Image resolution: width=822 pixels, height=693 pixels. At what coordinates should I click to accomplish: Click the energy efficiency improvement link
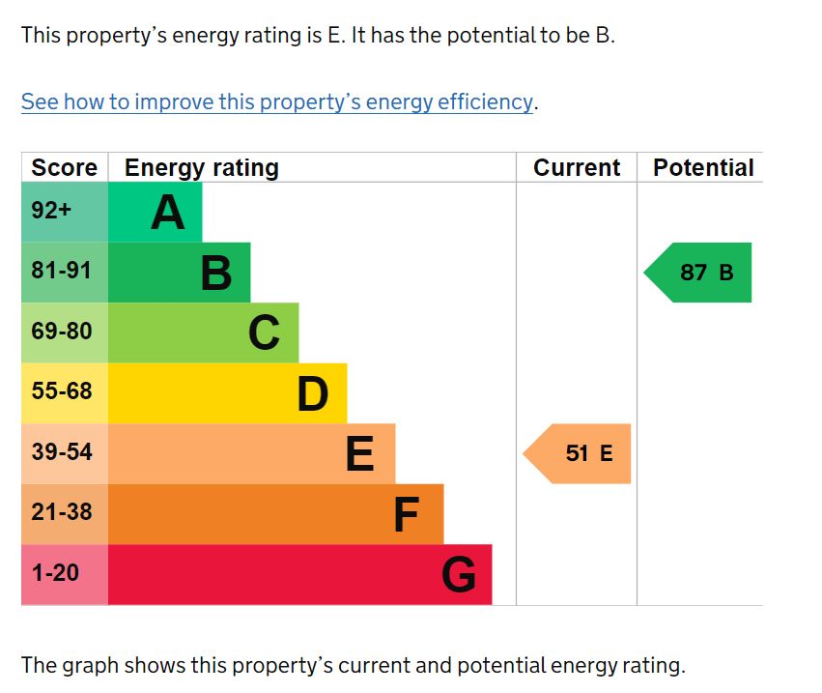(277, 101)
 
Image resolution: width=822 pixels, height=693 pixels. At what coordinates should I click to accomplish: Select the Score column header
(64, 167)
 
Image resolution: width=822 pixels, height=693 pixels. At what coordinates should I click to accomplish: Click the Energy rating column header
(201, 167)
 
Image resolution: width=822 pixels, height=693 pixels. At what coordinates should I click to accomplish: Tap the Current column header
(577, 167)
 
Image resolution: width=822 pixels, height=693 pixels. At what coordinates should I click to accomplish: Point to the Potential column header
(703, 167)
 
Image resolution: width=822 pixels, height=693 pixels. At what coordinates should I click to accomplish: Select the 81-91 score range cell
(62, 272)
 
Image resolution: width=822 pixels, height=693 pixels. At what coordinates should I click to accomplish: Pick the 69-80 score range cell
(62, 332)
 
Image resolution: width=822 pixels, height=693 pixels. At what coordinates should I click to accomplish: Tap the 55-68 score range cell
(62, 391)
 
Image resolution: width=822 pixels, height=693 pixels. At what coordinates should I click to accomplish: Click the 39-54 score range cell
(62, 451)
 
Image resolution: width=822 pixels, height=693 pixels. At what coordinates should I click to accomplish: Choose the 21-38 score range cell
(62, 512)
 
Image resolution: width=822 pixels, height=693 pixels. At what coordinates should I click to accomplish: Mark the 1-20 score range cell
(55, 572)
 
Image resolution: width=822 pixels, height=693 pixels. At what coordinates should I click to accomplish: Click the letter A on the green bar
(167, 213)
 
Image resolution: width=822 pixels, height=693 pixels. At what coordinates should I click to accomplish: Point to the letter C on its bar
(264, 333)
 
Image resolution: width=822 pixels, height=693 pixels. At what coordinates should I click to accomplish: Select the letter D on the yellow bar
(312, 394)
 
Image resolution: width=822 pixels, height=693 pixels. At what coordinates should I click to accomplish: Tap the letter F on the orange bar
(406, 515)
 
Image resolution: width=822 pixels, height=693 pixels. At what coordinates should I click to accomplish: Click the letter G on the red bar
(459, 576)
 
